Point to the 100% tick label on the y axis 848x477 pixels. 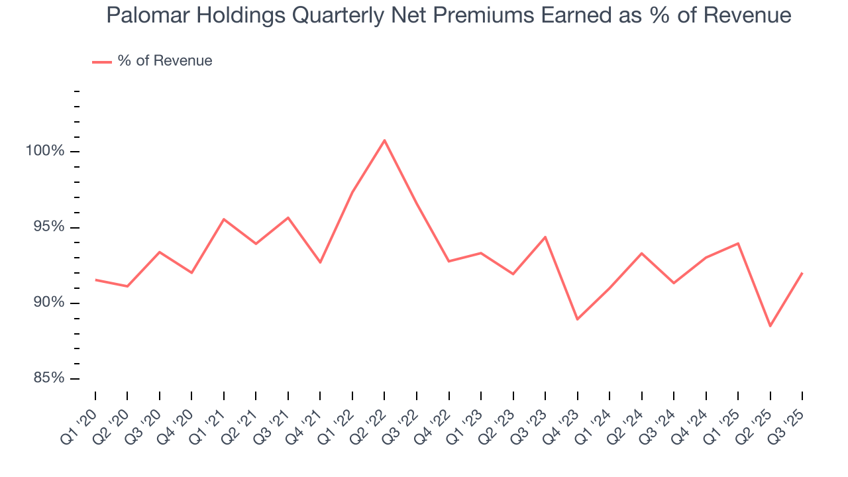click(x=45, y=151)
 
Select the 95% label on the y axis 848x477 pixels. click(x=48, y=227)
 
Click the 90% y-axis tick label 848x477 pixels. click(x=48, y=303)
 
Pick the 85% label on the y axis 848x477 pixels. click(x=48, y=378)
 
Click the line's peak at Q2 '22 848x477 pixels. click(x=384, y=140)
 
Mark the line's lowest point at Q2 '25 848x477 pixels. click(x=770, y=326)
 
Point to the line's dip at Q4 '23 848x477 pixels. click(x=577, y=319)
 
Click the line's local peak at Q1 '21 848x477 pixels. click(x=224, y=219)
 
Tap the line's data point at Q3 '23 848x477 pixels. click(x=545, y=237)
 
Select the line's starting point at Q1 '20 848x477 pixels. click(x=95, y=280)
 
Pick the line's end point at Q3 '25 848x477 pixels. click(x=802, y=273)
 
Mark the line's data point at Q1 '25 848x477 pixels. click(x=738, y=243)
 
